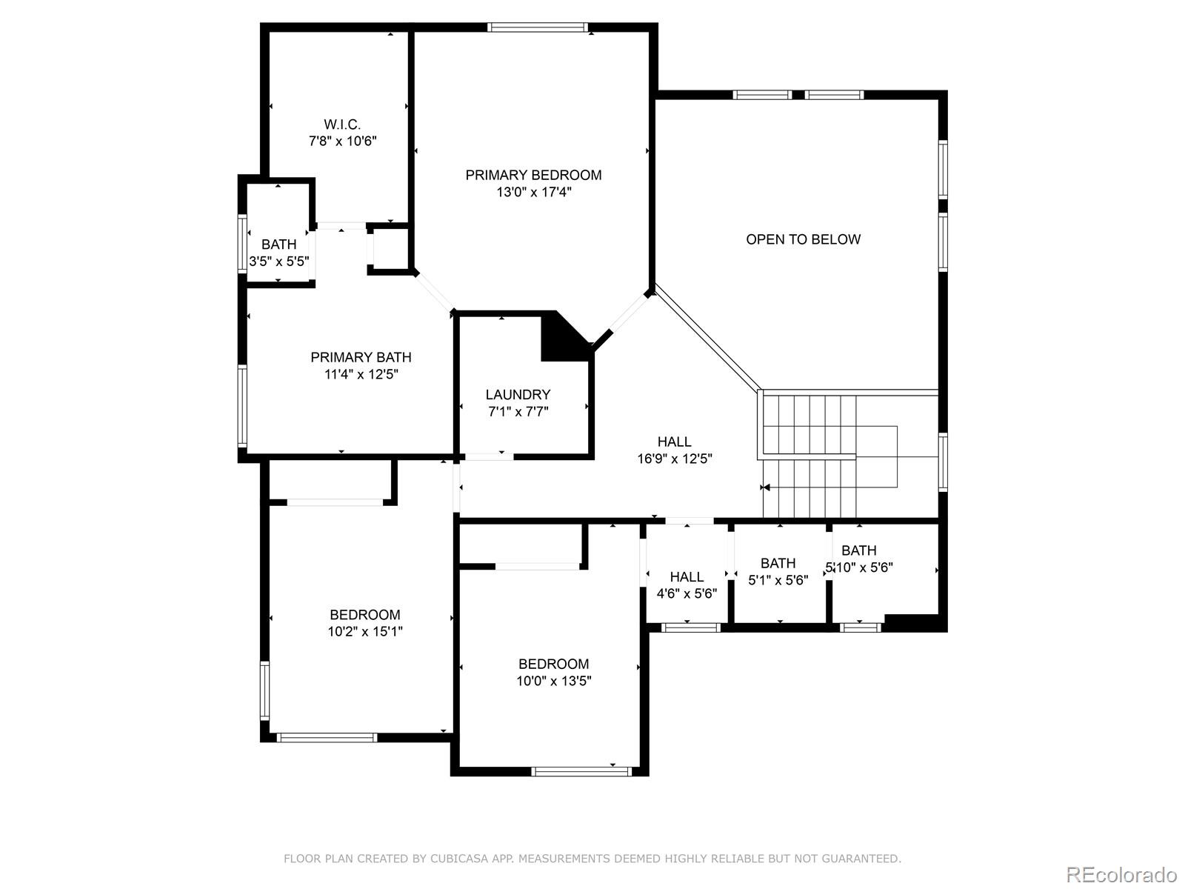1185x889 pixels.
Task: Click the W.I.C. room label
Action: coord(342,124)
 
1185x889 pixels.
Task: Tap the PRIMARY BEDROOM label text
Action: coord(533,175)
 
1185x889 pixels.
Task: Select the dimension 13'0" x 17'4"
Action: coord(533,193)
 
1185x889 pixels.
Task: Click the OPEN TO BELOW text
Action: coord(803,239)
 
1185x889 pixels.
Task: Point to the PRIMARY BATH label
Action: coord(361,357)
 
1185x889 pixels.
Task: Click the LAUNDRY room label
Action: coord(518,395)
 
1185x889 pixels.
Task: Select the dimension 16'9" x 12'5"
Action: coord(675,459)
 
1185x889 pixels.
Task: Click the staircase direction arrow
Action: coord(766,487)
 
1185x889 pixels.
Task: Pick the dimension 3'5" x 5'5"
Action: coord(278,262)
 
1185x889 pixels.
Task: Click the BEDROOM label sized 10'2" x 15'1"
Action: coord(364,615)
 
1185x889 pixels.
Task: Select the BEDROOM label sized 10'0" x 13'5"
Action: coord(553,664)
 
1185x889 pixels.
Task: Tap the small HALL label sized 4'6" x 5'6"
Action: coord(687,576)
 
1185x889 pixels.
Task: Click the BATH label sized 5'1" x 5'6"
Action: coord(778,563)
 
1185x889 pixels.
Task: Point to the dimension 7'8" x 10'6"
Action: coord(342,141)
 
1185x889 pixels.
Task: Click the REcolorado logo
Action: coord(1121,874)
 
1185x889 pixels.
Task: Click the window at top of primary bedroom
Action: coord(538,28)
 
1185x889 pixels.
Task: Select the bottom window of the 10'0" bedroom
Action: coord(581,771)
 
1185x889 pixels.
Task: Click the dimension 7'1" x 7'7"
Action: coord(518,412)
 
